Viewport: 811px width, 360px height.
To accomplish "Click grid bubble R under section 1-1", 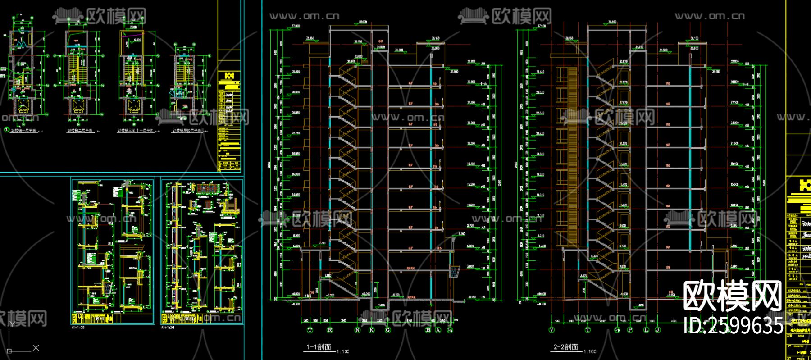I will tap(330, 330).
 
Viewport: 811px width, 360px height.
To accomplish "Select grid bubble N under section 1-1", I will tap(358, 330).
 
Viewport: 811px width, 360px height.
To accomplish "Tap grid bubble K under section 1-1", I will tap(372, 330).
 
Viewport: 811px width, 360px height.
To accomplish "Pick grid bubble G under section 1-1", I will tap(388, 330).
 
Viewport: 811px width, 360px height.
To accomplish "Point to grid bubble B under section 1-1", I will tap(428, 330).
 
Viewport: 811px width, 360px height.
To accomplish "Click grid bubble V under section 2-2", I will tap(552, 330).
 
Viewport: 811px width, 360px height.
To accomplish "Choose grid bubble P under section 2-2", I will tap(630, 330).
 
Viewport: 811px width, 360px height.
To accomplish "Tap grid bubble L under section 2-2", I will tap(647, 330).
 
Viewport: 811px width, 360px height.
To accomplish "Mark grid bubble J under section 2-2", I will tap(658, 330).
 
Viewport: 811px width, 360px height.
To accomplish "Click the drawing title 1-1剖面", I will tap(319, 347).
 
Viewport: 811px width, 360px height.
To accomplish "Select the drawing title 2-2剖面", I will tap(565, 347).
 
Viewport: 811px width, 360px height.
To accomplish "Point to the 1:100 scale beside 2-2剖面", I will tap(590, 351).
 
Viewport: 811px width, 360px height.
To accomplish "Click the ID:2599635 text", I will tap(734, 326).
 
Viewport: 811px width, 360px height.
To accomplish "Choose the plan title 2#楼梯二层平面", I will tap(80, 131).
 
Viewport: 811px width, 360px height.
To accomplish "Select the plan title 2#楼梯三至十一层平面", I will tap(135, 131).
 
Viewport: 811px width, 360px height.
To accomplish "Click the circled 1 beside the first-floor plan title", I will tap(6, 130).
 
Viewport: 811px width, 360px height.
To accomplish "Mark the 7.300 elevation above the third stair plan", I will tap(133, 27).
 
